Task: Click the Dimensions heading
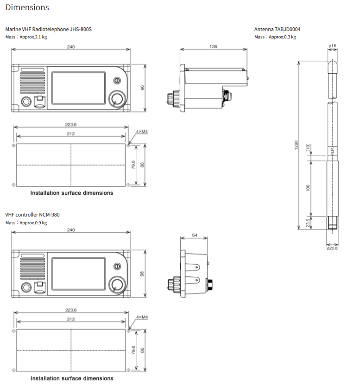(x=27, y=7)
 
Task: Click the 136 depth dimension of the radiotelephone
(x=213, y=46)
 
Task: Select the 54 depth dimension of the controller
(x=195, y=235)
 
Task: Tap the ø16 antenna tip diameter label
(x=332, y=46)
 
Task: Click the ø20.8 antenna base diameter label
(x=332, y=248)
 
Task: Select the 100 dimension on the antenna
(x=308, y=188)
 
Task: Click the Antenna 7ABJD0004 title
(x=277, y=29)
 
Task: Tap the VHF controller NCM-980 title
(x=32, y=215)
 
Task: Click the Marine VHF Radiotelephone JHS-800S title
(x=49, y=29)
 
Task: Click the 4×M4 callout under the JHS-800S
(x=141, y=132)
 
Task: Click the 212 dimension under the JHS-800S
(x=71, y=134)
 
